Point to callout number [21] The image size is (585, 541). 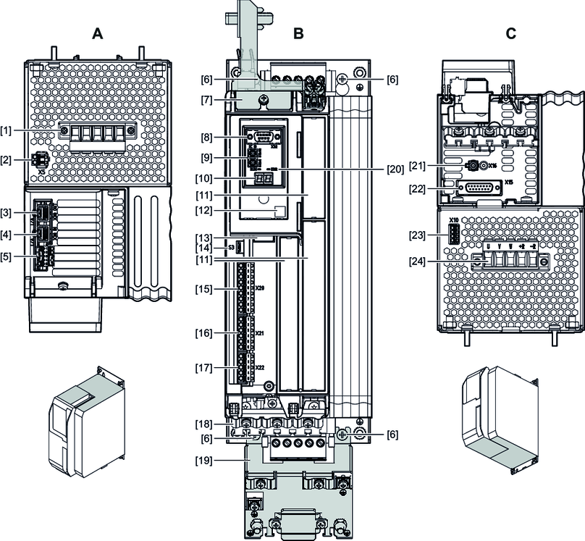[x=417, y=166]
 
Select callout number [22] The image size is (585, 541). [x=417, y=189]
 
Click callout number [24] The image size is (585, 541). [x=417, y=261]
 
